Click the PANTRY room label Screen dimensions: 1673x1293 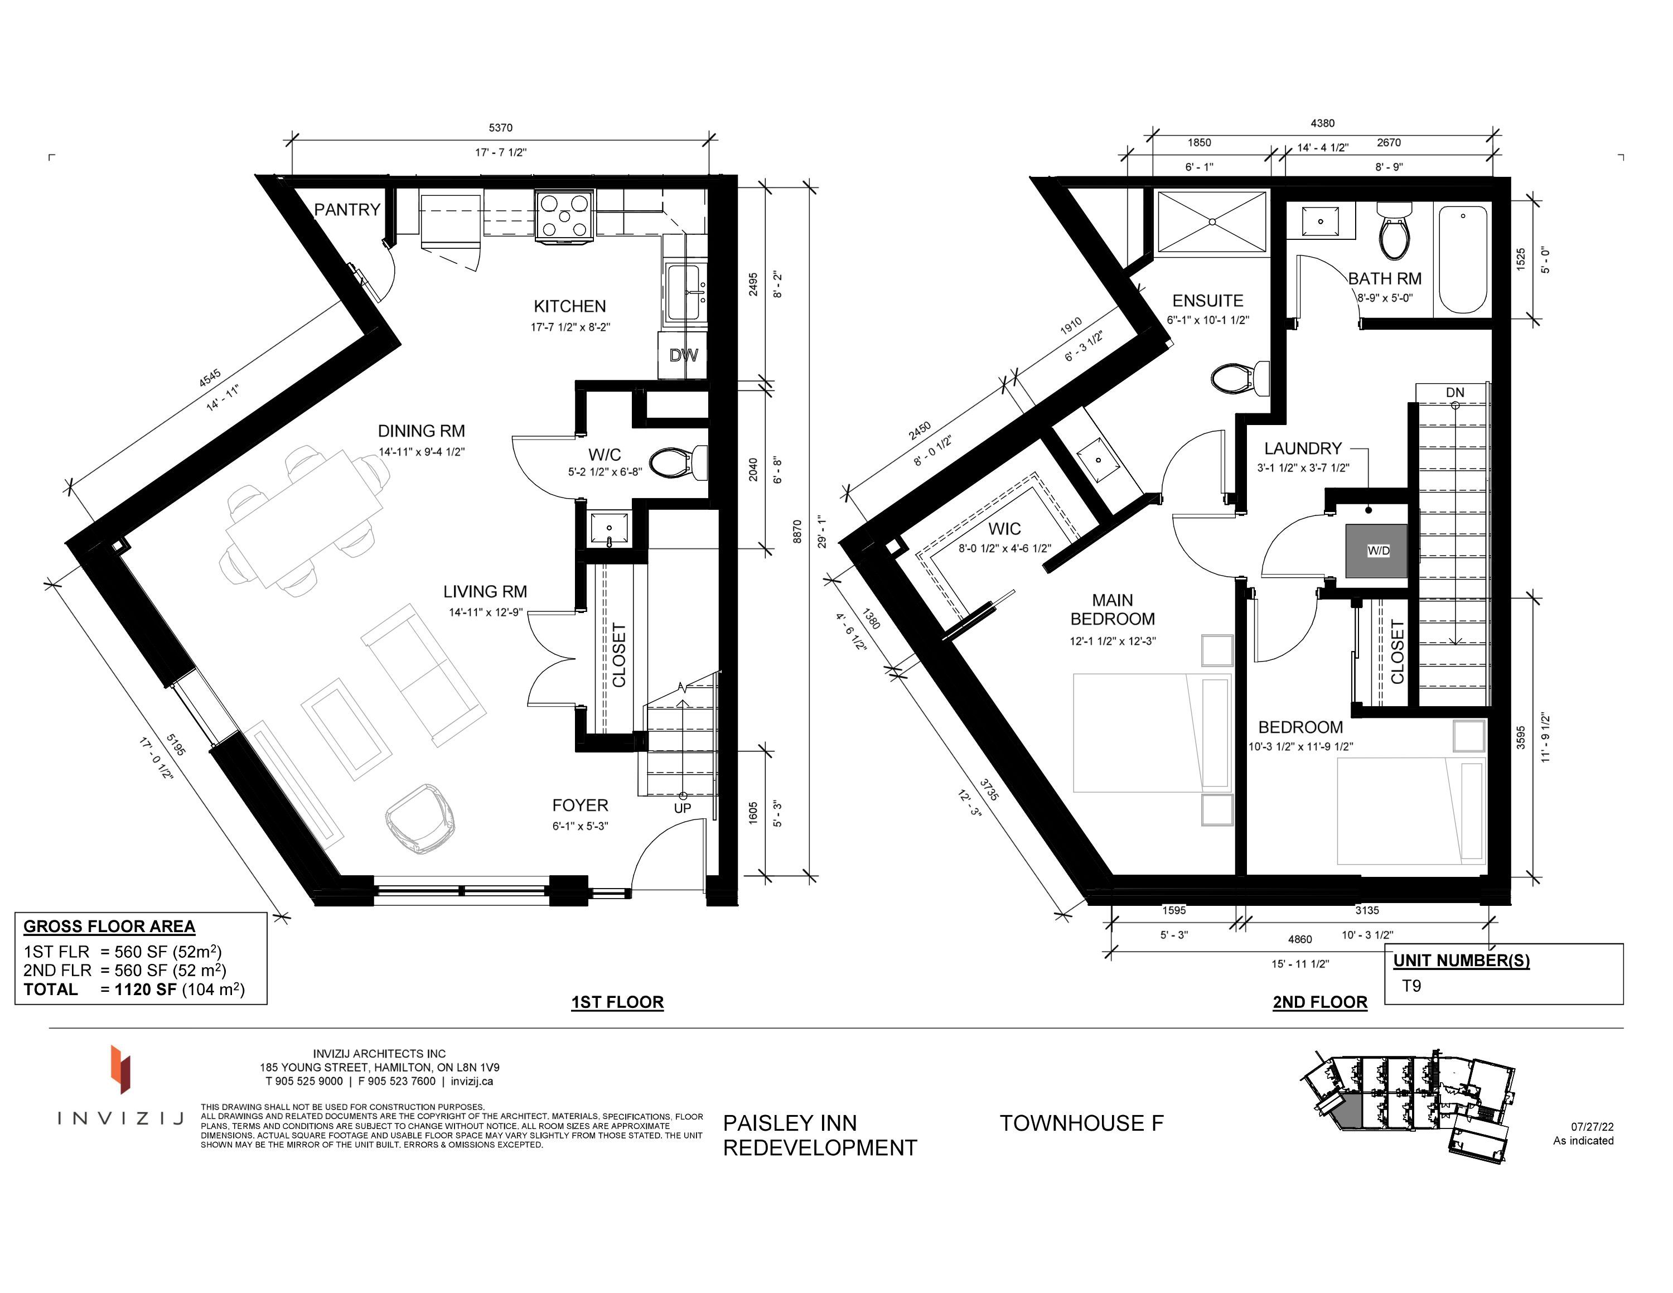pyautogui.click(x=347, y=210)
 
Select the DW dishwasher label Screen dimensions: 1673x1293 pyautogui.click(x=683, y=355)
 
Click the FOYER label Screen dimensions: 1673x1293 pyautogui.click(x=580, y=806)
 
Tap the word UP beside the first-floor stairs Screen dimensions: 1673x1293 pyautogui.click(x=683, y=809)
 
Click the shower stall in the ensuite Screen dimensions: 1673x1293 pyautogui.click(x=1212, y=221)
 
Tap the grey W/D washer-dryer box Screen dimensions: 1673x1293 pyautogui.click(x=1376, y=551)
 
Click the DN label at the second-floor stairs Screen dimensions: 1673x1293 pyautogui.click(x=1455, y=393)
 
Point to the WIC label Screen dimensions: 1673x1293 pyautogui.click(x=1004, y=529)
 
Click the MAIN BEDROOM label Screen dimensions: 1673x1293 pyautogui.click(x=1113, y=610)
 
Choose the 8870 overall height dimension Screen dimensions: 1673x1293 pyautogui.click(x=797, y=532)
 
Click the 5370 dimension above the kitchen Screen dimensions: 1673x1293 pyautogui.click(x=500, y=128)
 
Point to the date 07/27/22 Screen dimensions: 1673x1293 pyautogui.click(x=1592, y=1127)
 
